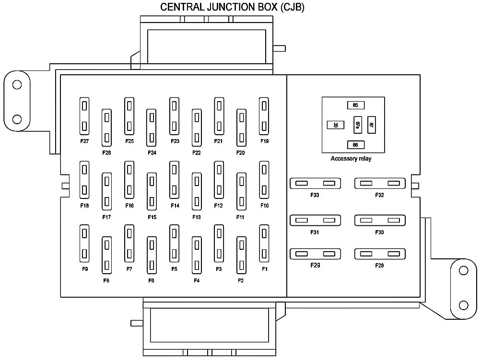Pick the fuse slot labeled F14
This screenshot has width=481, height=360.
tap(174, 181)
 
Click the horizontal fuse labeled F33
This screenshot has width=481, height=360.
tap(315, 184)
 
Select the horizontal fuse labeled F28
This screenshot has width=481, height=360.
tap(380, 254)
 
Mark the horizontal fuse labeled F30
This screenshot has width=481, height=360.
tap(380, 221)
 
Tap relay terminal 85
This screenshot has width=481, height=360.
tap(355, 105)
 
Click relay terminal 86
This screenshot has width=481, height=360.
tap(355, 144)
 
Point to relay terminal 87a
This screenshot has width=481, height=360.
tap(358, 125)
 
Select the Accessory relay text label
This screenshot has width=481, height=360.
tap(351, 159)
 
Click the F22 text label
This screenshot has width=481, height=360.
tap(197, 153)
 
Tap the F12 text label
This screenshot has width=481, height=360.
tap(219, 206)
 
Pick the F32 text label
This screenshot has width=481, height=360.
tap(380, 196)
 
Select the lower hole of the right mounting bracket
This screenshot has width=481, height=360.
tap(463, 305)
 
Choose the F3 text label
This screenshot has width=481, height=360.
tap(219, 269)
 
